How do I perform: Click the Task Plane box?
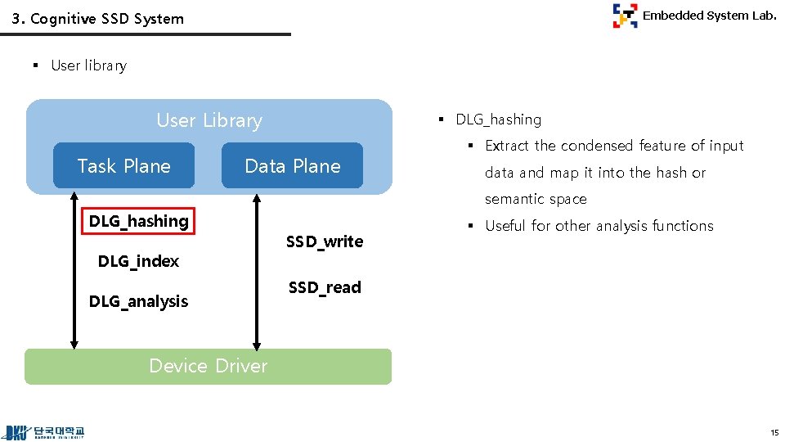coord(123,166)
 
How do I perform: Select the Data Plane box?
coord(292,166)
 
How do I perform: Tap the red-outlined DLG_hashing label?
coord(139,221)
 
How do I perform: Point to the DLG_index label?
coord(138,261)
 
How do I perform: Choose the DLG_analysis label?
coord(138,301)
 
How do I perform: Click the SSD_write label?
coord(325,241)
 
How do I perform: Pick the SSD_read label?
coord(325,287)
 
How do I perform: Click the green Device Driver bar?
coord(208,366)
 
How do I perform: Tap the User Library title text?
coord(209,120)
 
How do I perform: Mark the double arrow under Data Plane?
coord(257,270)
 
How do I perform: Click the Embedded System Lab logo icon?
coord(625,16)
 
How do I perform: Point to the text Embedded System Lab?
coord(709,16)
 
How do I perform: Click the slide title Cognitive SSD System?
coord(98,19)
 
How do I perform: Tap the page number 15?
coord(774,431)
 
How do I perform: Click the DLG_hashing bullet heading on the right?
coord(498,120)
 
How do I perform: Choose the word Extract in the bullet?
coord(507,146)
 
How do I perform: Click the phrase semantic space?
coord(536,199)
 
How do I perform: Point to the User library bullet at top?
coord(88,65)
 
